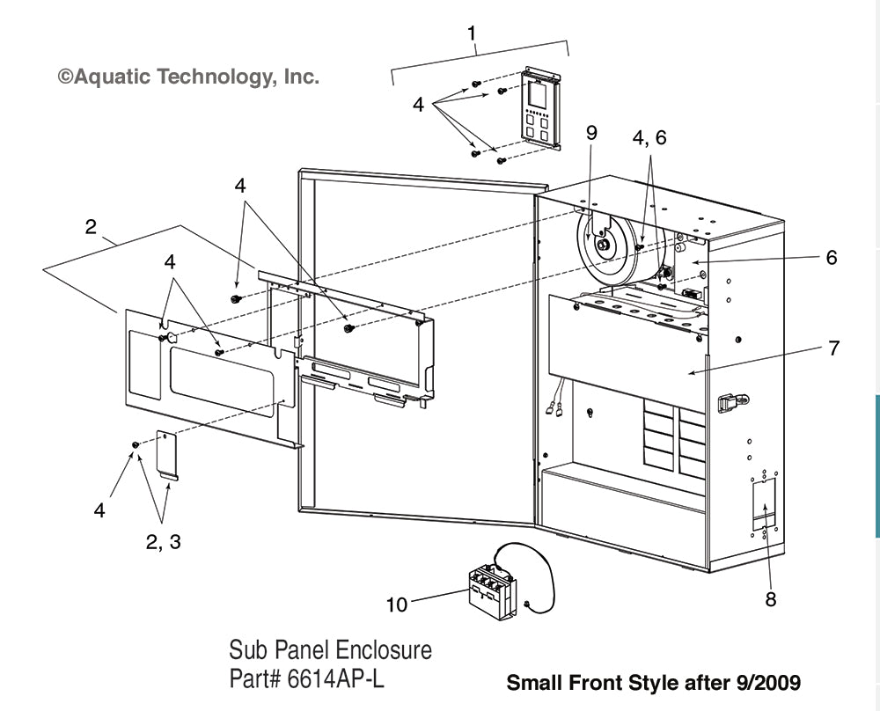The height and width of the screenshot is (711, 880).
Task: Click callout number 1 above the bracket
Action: [x=473, y=33]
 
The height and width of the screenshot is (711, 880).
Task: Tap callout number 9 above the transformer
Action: [x=591, y=133]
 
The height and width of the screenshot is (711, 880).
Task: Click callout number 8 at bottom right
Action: [x=770, y=599]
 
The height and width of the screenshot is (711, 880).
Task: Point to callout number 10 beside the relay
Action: [x=398, y=605]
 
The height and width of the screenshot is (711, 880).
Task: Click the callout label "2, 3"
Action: [x=163, y=542]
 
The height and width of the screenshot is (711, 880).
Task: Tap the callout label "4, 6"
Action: [x=650, y=137]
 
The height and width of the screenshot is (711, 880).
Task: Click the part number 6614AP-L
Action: [x=338, y=679]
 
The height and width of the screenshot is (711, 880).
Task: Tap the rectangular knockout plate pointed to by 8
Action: [x=764, y=502]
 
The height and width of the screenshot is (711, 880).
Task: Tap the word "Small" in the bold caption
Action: [x=533, y=683]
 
